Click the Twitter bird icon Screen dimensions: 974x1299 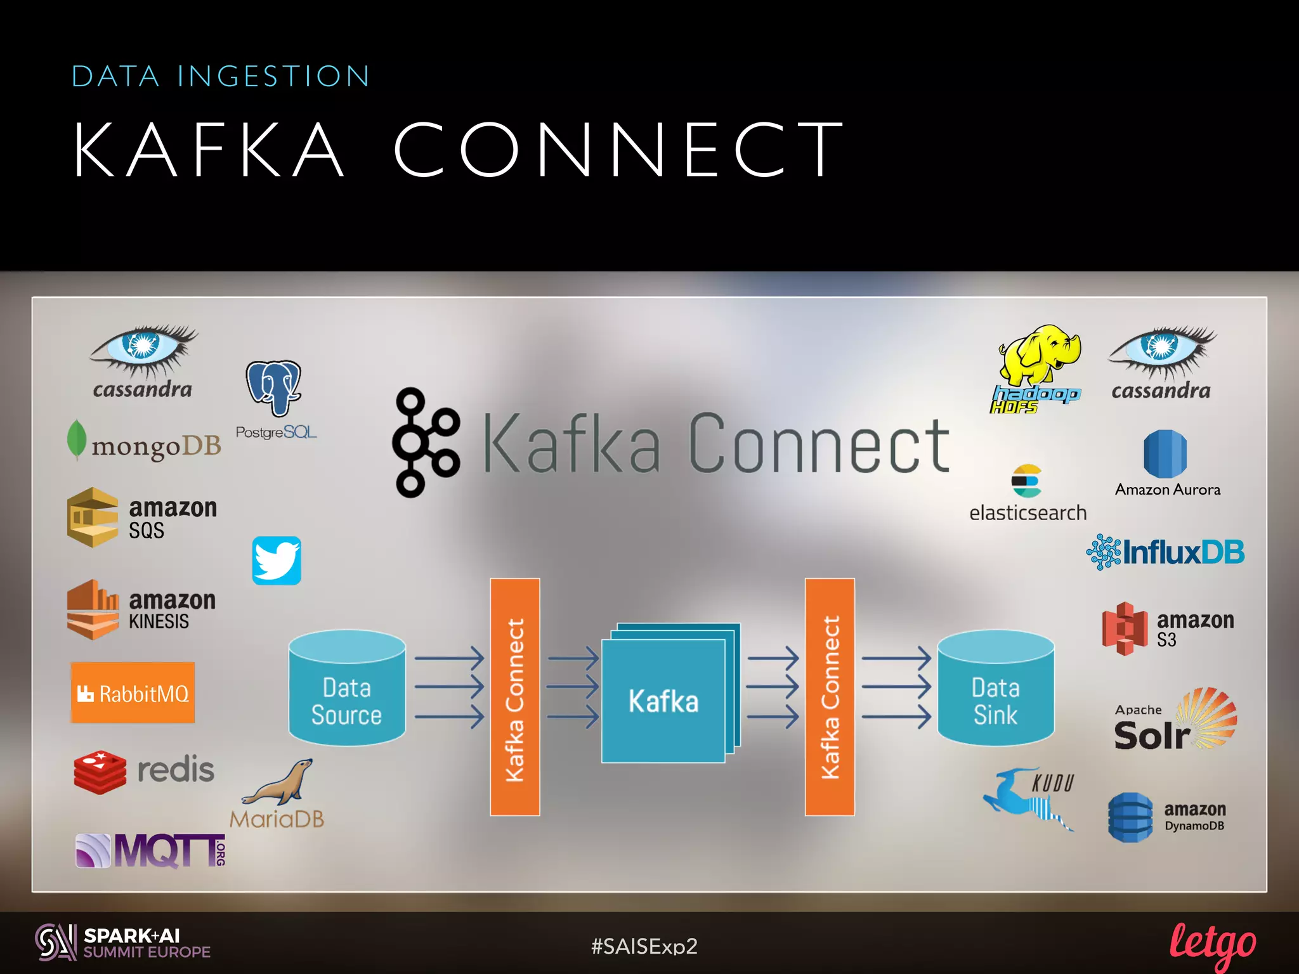[x=277, y=561]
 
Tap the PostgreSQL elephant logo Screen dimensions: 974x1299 [x=273, y=387]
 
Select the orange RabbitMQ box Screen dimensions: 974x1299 [x=133, y=693]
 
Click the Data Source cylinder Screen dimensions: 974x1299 [x=346, y=688]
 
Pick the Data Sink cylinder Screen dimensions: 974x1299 [x=995, y=688]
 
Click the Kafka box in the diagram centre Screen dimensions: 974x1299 [x=663, y=700]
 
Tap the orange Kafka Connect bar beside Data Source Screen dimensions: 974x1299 [x=514, y=697]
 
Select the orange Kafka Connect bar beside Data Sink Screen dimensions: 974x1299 [x=829, y=697]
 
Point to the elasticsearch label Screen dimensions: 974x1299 [x=1028, y=512]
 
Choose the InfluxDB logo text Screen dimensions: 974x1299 [x=1183, y=552]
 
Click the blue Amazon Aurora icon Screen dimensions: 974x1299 [x=1165, y=454]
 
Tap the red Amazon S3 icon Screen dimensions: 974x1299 [x=1125, y=628]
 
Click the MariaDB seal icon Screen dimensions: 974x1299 [x=280, y=782]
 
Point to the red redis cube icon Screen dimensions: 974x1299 [x=100, y=772]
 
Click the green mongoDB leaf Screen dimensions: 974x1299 [x=77, y=439]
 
